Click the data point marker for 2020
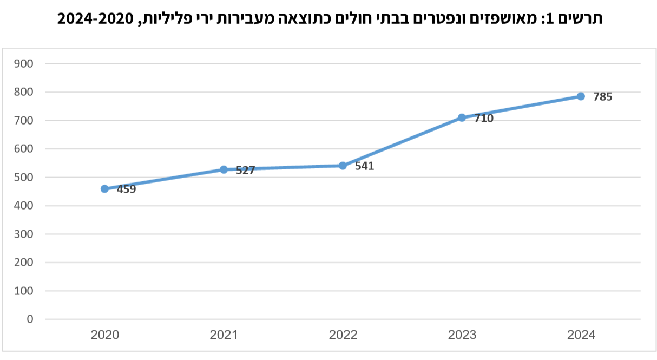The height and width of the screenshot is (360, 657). (104, 189)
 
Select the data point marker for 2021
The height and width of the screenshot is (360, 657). (224, 169)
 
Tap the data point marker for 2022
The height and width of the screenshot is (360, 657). (343, 166)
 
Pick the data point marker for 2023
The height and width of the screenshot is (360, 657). (462, 117)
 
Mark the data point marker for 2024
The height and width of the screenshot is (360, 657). (581, 96)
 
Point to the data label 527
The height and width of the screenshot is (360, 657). (245, 171)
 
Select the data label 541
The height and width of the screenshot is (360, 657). (364, 166)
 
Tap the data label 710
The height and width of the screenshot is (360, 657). (483, 118)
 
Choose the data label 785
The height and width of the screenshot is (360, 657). (602, 97)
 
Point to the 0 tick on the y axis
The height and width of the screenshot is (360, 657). (30, 319)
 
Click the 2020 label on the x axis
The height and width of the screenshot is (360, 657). (104, 335)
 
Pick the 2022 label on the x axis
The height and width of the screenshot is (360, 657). (343, 335)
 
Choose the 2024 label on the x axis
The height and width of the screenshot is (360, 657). (581, 335)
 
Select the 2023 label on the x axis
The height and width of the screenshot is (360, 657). (462, 335)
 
